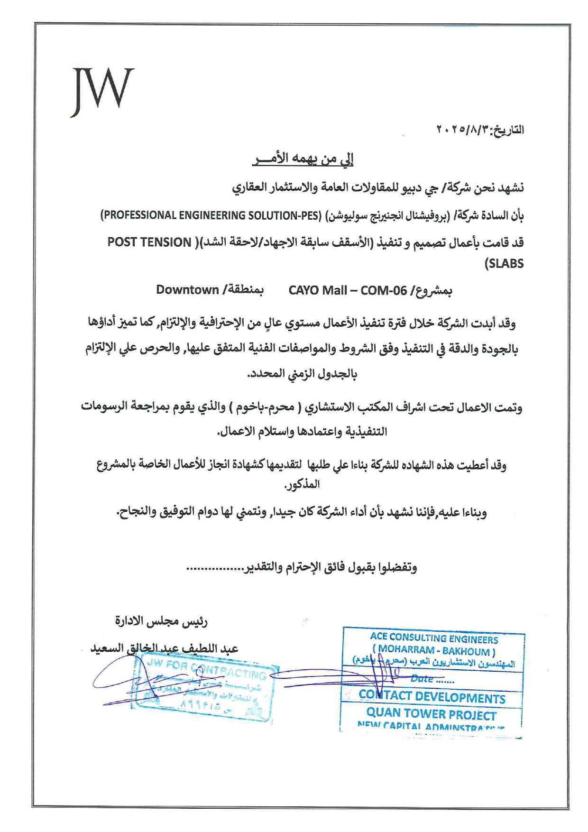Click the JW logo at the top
102,91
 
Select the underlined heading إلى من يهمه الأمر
303,159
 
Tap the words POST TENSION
149,242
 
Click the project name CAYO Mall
317,290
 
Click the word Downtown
187,290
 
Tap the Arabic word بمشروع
433,291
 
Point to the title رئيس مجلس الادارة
161,621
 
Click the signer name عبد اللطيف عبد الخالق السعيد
164,648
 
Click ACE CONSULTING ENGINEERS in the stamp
434,638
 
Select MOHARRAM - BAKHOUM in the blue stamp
434,650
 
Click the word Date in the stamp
422,679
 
